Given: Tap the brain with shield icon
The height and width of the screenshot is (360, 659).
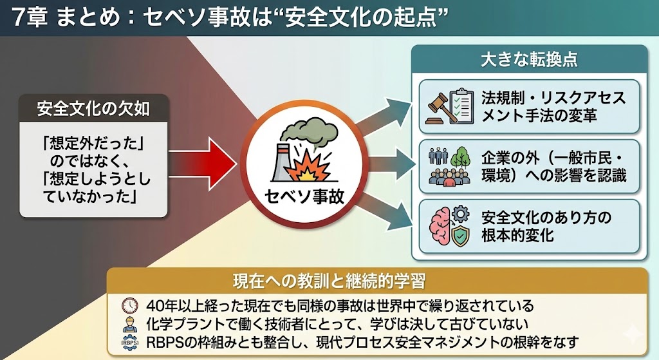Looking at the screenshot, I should point(450,225).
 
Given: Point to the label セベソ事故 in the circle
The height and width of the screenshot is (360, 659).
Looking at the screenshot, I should point(304,196).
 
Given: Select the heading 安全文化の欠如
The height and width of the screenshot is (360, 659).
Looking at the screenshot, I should point(93,108).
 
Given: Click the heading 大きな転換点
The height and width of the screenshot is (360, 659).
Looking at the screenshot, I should point(528,61).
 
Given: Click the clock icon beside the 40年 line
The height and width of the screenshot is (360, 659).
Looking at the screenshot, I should point(130,305).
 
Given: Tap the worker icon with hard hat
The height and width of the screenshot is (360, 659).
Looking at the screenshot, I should point(130,323).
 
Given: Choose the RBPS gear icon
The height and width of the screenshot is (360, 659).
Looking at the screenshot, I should point(130,341).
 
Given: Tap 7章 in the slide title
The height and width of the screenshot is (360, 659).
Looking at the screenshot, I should point(27,17).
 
